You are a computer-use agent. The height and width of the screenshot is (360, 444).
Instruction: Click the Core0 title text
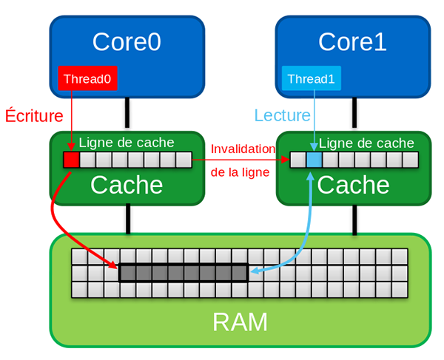point(127,41)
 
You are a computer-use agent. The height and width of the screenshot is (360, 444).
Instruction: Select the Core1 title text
point(352,41)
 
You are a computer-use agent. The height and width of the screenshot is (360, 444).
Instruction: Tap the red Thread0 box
point(88,78)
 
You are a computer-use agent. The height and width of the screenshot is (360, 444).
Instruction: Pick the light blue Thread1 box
point(312,78)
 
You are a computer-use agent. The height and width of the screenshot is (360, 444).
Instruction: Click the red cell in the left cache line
point(71,159)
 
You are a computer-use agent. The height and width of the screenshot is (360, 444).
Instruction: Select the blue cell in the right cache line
point(314,160)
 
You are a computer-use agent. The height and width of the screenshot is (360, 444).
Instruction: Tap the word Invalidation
point(243,149)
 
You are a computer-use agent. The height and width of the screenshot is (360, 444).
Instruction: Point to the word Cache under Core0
point(127,185)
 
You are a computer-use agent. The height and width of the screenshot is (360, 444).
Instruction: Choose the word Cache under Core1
point(352,185)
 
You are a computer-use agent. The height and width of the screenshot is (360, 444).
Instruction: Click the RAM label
point(240,322)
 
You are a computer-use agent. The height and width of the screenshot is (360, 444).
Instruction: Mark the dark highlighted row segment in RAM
point(184,273)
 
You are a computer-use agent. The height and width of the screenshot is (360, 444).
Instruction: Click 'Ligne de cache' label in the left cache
point(127,143)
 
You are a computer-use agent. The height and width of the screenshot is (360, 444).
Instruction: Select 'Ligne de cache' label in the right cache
point(366,143)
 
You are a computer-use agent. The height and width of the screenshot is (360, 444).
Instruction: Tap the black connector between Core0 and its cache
point(128,115)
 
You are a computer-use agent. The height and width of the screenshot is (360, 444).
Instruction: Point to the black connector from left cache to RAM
point(128,219)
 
